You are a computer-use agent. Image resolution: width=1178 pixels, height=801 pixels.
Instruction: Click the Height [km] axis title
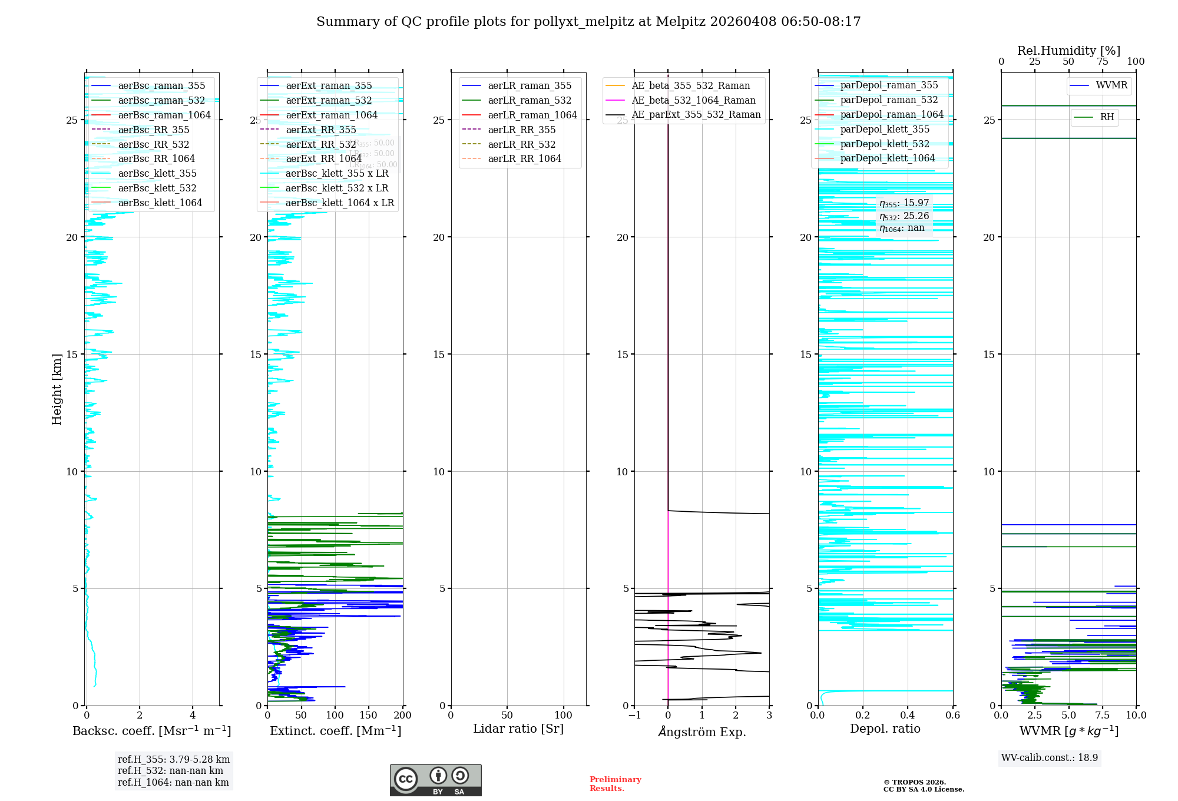point(57,389)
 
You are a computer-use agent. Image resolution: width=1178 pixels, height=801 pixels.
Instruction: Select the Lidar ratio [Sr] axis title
point(518,729)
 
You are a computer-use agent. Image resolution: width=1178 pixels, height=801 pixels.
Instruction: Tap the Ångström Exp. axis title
point(701,732)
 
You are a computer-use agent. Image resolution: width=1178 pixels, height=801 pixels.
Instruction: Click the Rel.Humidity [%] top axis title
point(1068,51)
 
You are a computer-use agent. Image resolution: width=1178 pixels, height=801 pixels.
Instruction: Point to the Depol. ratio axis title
point(885,729)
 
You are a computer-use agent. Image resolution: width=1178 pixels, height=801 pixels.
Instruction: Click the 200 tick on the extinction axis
point(403,715)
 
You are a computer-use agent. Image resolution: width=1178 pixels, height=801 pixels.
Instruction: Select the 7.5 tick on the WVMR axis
point(1103,715)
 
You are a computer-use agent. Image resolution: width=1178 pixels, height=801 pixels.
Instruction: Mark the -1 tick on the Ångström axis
point(634,715)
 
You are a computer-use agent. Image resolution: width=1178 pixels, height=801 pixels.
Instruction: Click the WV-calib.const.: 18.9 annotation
point(1050,757)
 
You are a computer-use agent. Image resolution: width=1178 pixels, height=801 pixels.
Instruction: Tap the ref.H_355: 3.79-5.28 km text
point(174,759)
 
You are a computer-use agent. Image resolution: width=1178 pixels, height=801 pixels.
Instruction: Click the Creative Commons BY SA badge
point(435,780)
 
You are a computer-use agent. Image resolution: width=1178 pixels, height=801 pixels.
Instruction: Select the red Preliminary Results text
point(615,783)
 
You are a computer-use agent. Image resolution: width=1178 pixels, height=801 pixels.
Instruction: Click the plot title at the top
point(588,22)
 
